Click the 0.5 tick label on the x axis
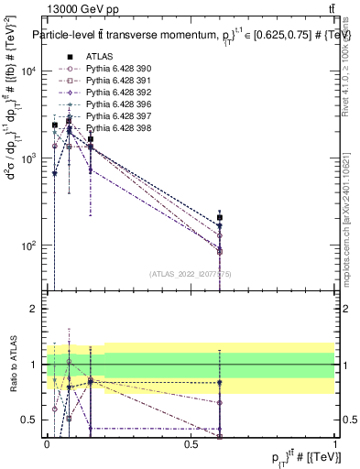[191, 443]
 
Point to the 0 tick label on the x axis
[47, 443]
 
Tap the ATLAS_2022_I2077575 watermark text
[190, 274]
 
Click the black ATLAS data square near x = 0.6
[220, 218]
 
